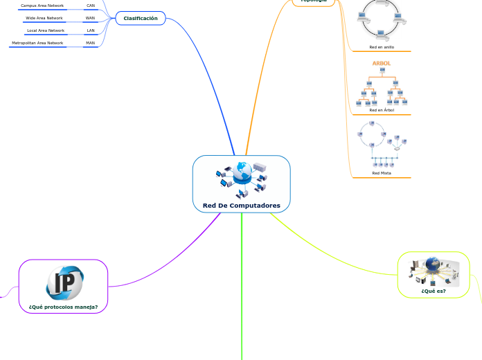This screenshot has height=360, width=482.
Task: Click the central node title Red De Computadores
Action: pos(241,206)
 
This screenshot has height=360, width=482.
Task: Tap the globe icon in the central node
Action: pos(242,172)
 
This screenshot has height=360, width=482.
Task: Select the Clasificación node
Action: pos(141,18)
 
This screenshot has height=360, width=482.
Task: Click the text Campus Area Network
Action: pos(42,6)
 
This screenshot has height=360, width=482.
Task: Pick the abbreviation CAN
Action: pos(91,6)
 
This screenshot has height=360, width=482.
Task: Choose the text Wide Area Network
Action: pos(44,18)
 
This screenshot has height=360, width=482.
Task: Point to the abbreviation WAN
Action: pos(91,18)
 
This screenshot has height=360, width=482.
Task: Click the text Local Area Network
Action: pos(46,30)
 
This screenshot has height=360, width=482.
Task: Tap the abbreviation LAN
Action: pos(91,30)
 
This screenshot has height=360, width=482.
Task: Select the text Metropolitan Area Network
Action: pos(37,43)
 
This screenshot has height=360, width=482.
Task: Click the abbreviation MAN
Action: pos(91,43)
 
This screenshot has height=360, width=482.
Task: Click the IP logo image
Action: pos(64,282)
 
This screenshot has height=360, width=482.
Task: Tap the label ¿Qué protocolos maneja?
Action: pos(64,306)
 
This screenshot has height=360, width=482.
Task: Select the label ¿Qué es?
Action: pos(434,291)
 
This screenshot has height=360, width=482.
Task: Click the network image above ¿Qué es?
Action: pos(434,271)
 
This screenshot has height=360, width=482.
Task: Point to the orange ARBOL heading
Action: pos(382,63)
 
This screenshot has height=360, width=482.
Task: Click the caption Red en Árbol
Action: pos(382,110)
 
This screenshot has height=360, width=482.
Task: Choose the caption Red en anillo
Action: pos(382,47)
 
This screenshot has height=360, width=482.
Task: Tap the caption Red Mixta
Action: pos(382,174)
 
